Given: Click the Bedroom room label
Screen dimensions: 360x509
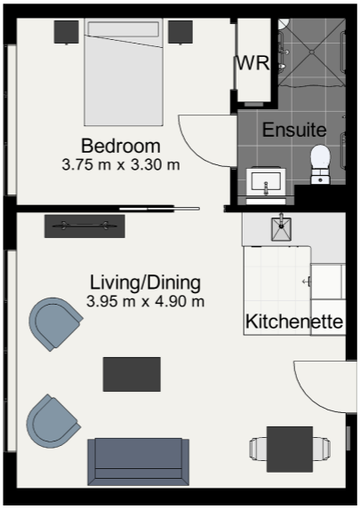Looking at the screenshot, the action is point(121,146).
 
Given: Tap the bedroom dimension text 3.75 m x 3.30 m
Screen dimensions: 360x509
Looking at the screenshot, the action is point(121,165).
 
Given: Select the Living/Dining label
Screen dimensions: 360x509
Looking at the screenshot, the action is point(145,282).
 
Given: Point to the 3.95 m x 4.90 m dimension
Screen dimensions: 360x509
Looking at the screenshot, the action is point(145,301).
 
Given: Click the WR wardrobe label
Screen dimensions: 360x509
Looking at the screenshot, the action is point(252,63).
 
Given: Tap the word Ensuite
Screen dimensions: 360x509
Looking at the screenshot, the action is point(294,130).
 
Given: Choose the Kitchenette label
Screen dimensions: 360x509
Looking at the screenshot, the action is point(294,322).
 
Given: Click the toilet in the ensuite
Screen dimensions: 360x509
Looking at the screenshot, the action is point(320,164).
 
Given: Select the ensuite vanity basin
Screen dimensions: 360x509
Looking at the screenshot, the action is point(266,182).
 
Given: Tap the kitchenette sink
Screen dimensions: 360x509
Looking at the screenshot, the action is point(282,228).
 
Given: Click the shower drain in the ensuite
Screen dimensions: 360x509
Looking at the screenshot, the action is point(312,52).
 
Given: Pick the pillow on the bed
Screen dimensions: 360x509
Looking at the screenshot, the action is point(124,29).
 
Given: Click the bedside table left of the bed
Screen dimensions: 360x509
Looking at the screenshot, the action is point(67,32).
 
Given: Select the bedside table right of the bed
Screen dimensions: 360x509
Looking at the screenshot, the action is point(180,32).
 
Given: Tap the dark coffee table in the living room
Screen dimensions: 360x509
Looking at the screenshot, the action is point(132,374).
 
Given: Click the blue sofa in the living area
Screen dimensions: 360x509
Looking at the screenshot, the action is point(138,462).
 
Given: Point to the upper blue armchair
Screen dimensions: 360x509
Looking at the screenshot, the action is point(55,323).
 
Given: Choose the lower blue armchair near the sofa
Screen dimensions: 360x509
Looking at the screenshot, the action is point(52,421).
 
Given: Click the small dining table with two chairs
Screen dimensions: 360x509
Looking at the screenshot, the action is point(290,449).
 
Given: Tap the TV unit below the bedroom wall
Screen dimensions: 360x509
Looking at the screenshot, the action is point(84,226).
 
